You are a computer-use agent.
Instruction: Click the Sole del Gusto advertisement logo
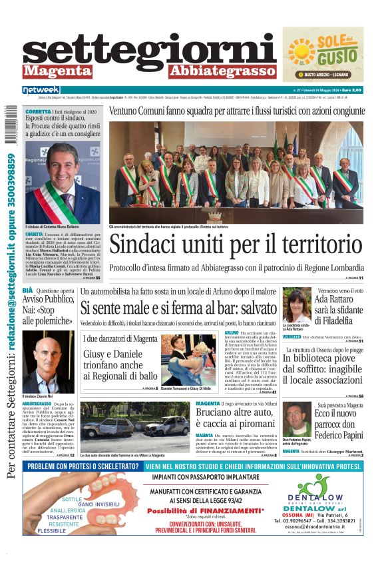point(323,54)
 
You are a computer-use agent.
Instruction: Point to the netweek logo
point(41,90)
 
